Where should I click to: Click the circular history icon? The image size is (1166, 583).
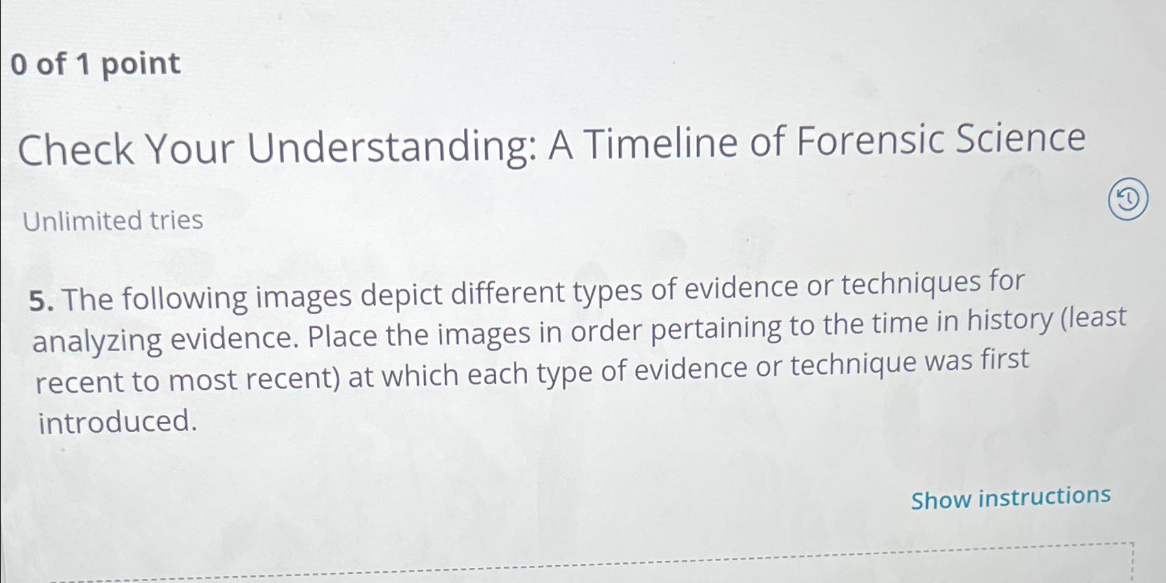[x=1128, y=200]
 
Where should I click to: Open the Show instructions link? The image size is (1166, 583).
[x=1010, y=497]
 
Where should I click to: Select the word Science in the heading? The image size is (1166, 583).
[x=1021, y=138]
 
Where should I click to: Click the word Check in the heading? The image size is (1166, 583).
[x=76, y=150]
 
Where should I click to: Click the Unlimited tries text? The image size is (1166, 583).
[x=113, y=221]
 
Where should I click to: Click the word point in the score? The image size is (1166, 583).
[x=141, y=64]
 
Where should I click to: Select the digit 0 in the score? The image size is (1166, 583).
[x=19, y=64]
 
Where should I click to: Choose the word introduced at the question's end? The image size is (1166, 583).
[x=117, y=421]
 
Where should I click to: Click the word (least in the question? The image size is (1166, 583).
[x=1093, y=318]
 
